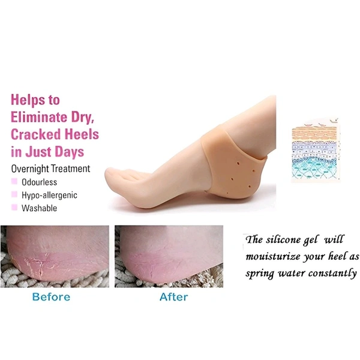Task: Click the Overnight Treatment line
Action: (50, 169)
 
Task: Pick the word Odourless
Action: (39, 182)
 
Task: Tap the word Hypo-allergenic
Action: (49, 195)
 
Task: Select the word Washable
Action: (39, 208)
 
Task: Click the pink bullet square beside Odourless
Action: (14, 181)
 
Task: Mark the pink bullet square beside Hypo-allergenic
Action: (14, 194)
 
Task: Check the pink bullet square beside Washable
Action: (14, 208)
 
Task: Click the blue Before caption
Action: (51, 297)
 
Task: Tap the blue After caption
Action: (173, 297)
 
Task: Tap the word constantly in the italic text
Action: (332, 273)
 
